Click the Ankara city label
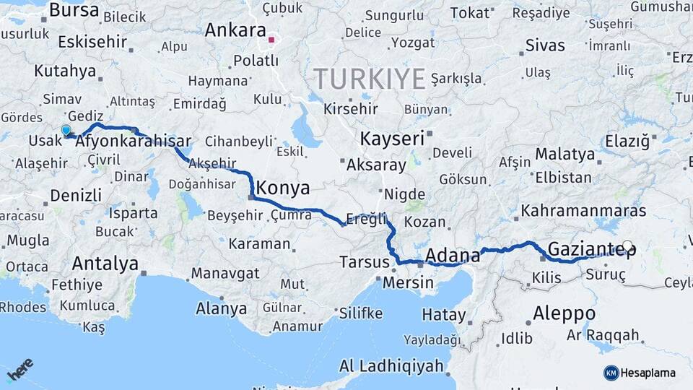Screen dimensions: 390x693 [235, 30]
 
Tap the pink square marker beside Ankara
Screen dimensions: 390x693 [271, 40]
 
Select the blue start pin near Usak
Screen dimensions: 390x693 [66, 131]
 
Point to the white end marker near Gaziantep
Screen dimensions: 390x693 [627, 246]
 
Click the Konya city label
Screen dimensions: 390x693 [284, 188]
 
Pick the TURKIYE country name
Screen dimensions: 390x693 [369, 79]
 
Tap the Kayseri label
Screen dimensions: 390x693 [392, 139]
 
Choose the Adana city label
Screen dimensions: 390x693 [453, 255]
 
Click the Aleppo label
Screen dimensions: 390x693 [564, 313]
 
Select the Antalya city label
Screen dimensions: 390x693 [105, 263]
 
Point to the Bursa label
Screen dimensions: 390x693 [74, 10]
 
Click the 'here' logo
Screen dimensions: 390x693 [19, 369]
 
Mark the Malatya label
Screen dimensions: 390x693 [565, 154]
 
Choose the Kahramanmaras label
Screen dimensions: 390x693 [583, 211]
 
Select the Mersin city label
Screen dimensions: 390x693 [408, 282]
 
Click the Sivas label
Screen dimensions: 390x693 [545, 45]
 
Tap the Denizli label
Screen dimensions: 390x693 [76, 195]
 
